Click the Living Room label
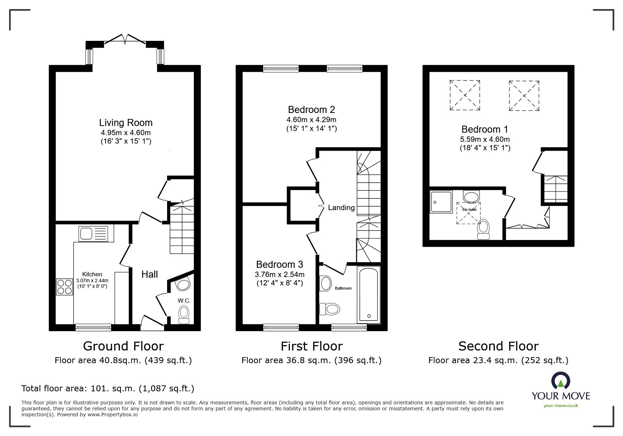(x=126, y=123)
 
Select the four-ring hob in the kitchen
(x=64, y=286)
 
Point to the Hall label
(x=150, y=274)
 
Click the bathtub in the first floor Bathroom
(x=368, y=294)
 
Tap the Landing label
(x=341, y=208)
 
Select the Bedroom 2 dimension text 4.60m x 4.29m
(x=311, y=120)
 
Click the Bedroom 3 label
(x=279, y=264)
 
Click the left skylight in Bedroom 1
(x=465, y=95)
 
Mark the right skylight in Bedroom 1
(x=524, y=95)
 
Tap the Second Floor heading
(x=498, y=346)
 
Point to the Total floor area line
(x=108, y=388)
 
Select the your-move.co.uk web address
(x=561, y=406)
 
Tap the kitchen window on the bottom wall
(x=94, y=327)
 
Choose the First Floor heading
(x=311, y=346)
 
